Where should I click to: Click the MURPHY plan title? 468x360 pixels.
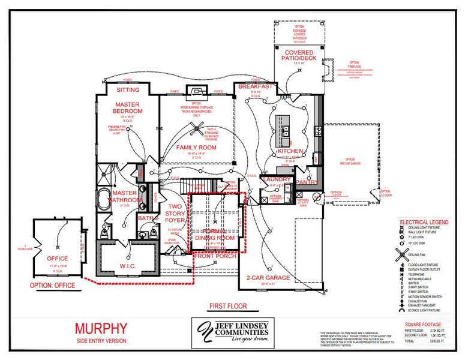pyautogui.click(x=101, y=328)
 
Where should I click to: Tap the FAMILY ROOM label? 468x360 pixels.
pyautogui.click(x=196, y=147)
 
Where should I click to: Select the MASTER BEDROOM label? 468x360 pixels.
pyautogui.click(x=128, y=108)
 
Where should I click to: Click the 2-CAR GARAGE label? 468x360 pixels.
pyautogui.click(x=269, y=278)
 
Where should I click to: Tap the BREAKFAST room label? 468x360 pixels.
pyautogui.click(x=256, y=86)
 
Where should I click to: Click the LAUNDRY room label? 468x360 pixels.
pyautogui.click(x=277, y=179)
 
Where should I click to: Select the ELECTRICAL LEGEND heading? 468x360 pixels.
pyautogui.click(x=424, y=223)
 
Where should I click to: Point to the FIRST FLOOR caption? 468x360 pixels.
pyautogui.click(x=227, y=306)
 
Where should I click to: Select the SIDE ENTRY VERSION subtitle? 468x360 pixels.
pyautogui.click(x=101, y=340)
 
